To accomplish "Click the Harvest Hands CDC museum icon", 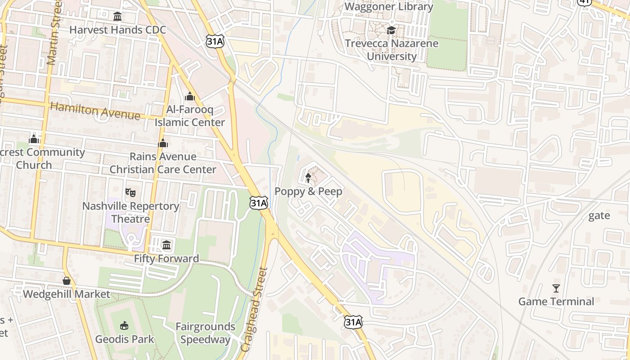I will (x=117, y=17).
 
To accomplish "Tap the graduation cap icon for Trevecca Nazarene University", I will (x=391, y=30).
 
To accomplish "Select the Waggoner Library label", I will (x=389, y=7).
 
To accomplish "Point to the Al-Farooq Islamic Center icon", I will (x=190, y=96).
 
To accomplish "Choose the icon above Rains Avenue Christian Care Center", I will (x=163, y=143).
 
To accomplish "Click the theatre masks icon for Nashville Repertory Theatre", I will (x=130, y=193).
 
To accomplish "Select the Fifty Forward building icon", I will (x=166, y=245).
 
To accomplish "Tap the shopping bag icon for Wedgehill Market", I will (x=67, y=281).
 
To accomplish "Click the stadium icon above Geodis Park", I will (x=124, y=325).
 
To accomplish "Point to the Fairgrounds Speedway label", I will (x=205, y=333).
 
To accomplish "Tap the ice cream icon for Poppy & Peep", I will (x=308, y=178).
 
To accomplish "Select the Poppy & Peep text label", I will (x=308, y=192).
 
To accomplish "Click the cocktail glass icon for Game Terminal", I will (x=556, y=288).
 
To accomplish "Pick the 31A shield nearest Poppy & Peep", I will (x=259, y=203).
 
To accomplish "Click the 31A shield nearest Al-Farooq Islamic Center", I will (x=215, y=41).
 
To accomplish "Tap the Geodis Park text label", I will (x=124, y=339).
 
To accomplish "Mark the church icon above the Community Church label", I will (x=34, y=139).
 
